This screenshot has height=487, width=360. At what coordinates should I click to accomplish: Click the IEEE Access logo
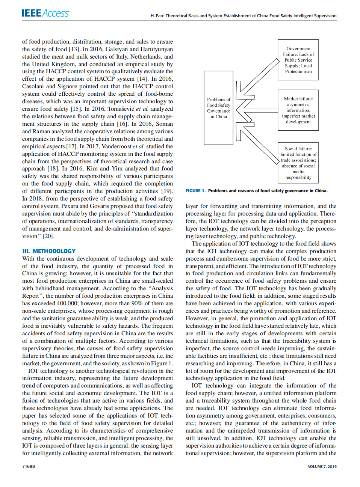pyautogui.click(x=45, y=13)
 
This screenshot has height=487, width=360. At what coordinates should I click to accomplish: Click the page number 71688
pyautogui.click(x=29, y=466)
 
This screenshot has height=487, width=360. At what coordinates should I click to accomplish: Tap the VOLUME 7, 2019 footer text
pyautogui.click(x=322, y=467)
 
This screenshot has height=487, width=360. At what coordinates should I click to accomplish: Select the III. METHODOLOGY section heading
pyautogui.click(x=49, y=251)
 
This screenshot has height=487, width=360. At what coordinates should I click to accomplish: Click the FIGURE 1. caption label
pyautogui.click(x=195, y=191)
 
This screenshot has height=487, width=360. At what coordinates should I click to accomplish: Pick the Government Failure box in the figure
pyautogui.click(x=298, y=60)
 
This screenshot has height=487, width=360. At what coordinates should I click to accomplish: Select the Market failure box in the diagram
pyautogui.click(x=298, y=110)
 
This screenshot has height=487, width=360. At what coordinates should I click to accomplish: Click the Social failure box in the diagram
pyautogui.click(x=298, y=163)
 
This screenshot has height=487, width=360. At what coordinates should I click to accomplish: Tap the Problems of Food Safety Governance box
pyautogui.click(x=219, y=108)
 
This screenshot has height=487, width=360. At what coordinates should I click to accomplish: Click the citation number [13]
pyautogui.click(x=74, y=49)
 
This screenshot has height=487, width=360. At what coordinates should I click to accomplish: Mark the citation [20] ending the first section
pyautogui.click(x=48, y=236)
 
